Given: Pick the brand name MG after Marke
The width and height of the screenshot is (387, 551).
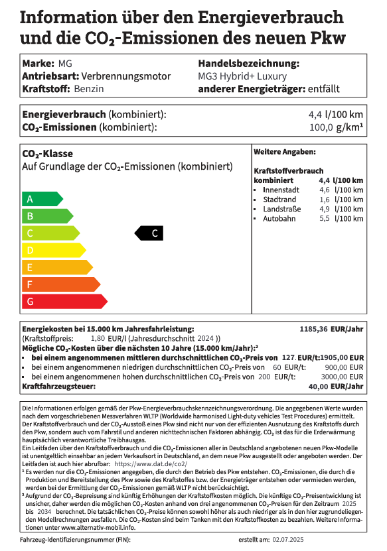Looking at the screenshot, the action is [65, 64].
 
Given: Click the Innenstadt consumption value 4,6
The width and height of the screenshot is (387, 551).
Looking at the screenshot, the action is [325, 190].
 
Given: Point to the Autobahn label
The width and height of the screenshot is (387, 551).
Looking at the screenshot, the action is [279, 219].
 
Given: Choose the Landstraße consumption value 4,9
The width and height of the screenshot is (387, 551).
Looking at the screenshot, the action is [325, 209].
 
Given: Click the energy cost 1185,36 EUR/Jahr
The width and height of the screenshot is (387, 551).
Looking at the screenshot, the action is [331, 329].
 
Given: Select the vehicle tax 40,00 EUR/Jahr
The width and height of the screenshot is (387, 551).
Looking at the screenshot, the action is [336, 385].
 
